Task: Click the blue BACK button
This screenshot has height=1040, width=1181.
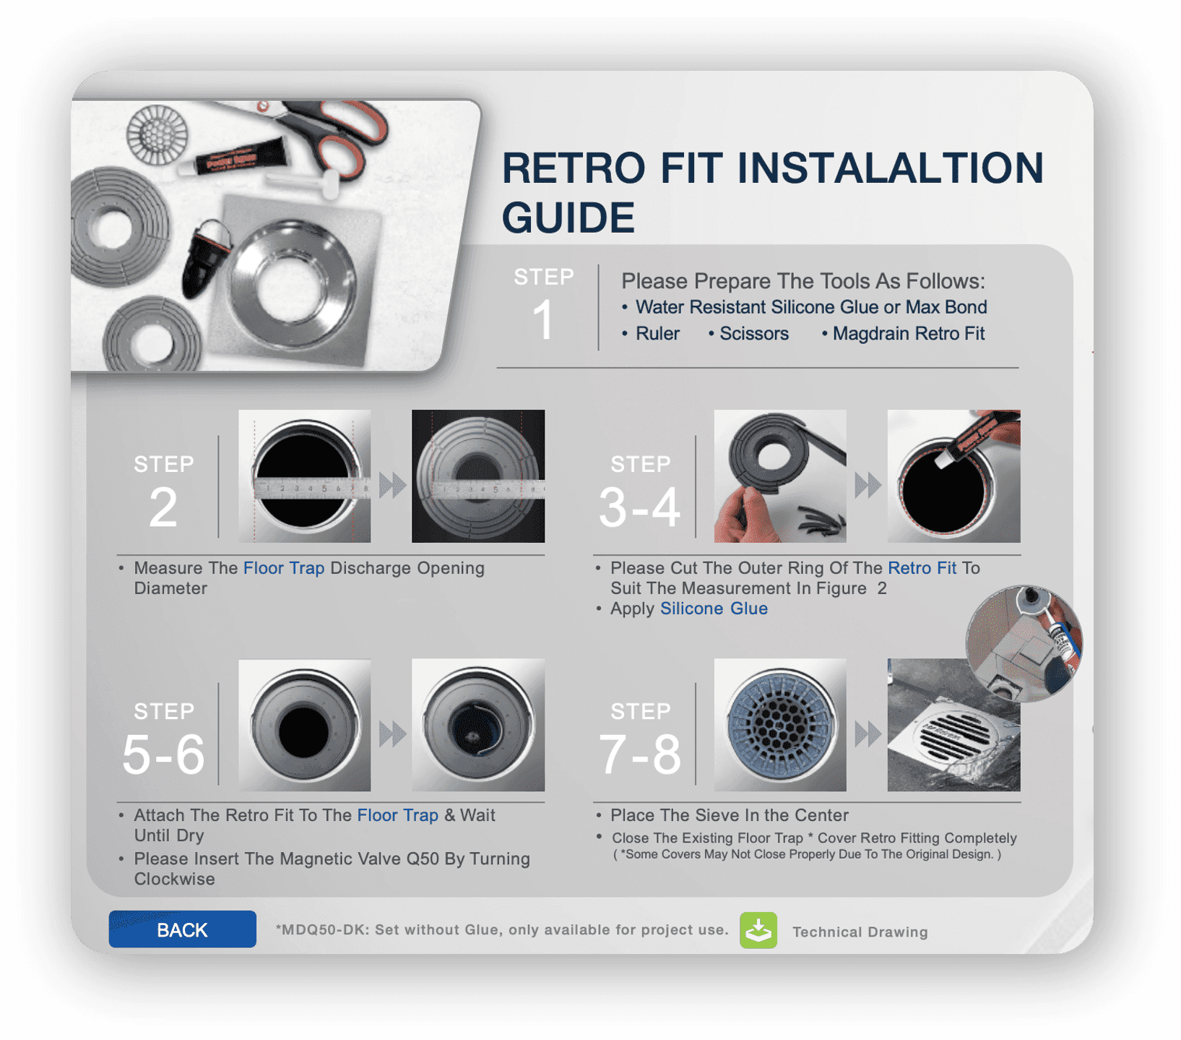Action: click(x=182, y=929)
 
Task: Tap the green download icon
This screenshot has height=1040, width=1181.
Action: click(x=758, y=929)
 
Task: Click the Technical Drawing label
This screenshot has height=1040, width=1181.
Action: click(x=860, y=932)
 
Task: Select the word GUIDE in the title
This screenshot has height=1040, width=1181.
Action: click(x=568, y=218)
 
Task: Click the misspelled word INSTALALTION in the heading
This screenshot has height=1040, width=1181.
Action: click(x=890, y=168)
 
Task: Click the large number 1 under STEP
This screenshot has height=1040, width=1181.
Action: click(x=543, y=319)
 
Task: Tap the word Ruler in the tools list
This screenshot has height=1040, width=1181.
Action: click(x=657, y=333)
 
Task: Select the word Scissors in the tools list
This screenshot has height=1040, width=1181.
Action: click(x=754, y=333)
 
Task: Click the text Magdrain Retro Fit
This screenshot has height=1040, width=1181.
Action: click(x=909, y=333)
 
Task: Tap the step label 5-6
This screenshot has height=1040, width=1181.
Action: click(x=163, y=755)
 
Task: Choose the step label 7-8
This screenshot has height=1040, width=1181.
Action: click(x=639, y=755)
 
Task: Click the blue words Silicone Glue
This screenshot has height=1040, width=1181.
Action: click(x=714, y=609)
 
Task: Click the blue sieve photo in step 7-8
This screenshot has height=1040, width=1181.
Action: click(x=780, y=724)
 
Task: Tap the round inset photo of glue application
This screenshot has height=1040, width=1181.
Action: click(x=1024, y=643)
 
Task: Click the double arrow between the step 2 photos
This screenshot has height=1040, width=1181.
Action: click(x=392, y=485)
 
